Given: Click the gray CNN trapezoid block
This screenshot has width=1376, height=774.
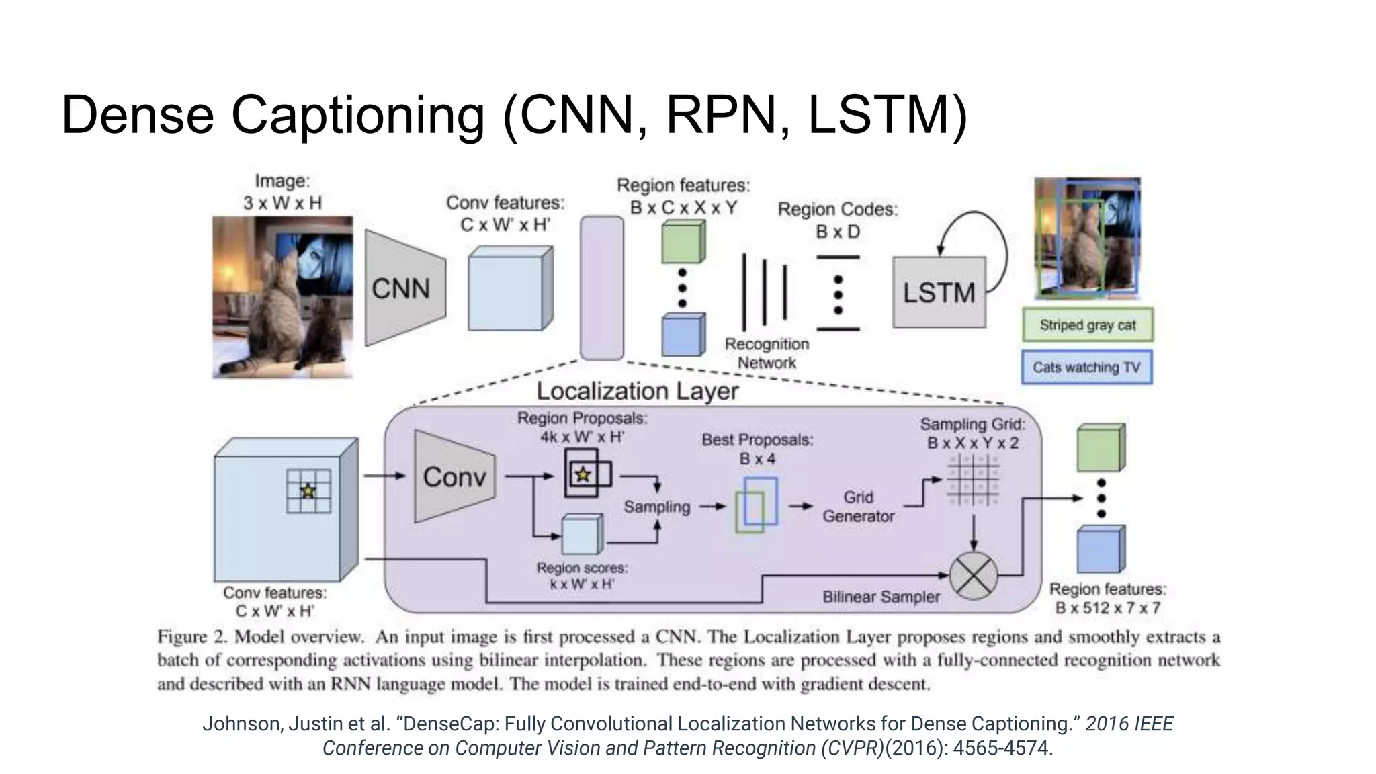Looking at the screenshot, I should click(x=404, y=289).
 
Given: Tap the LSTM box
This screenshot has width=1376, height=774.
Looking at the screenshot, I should click(x=939, y=292).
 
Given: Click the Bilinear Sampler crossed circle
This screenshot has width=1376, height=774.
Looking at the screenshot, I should click(x=974, y=576).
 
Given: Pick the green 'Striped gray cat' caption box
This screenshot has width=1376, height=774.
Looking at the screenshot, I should click(x=1087, y=325).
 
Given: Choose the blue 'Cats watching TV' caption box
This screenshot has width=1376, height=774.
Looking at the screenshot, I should click(x=1086, y=368).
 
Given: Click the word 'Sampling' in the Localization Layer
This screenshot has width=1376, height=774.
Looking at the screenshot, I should click(x=656, y=507).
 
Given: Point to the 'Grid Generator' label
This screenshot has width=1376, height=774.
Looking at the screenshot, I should click(x=858, y=507).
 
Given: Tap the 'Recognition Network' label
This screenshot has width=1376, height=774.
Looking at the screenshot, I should click(x=767, y=353).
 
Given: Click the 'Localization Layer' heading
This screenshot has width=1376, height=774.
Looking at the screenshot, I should click(x=637, y=391).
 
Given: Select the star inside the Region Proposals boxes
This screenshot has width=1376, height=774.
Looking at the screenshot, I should click(x=583, y=475).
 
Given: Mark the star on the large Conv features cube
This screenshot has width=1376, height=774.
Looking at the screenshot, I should click(x=308, y=491).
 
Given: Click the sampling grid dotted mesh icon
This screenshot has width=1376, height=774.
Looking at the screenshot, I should click(x=972, y=480).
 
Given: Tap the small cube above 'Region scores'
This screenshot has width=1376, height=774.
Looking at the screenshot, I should click(x=581, y=535).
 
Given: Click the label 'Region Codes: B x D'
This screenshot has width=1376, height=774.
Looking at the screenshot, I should click(x=837, y=220).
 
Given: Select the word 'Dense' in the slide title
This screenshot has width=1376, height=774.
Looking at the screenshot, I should click(x=138, y=115).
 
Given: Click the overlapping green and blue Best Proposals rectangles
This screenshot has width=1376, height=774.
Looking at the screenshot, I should click(x=757, y=505).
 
